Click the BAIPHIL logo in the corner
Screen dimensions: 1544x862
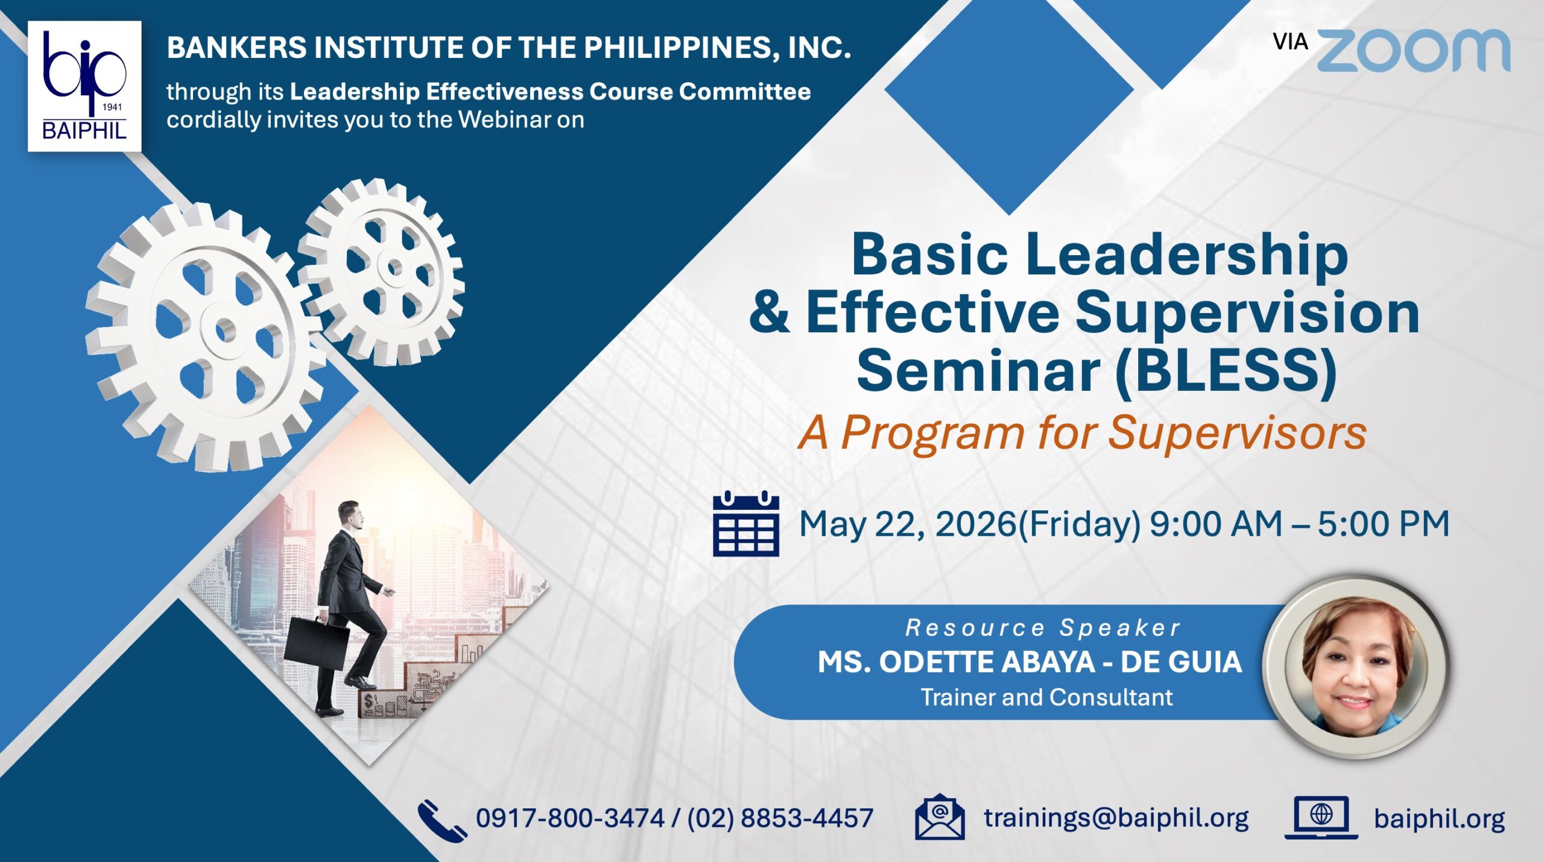click(84, 86)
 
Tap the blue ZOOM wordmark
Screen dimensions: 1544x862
click(1413, 50)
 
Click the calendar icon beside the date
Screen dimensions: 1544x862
click(746, 524)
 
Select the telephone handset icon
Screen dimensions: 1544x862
click(442, 820)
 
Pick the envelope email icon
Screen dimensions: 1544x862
click(940, 817)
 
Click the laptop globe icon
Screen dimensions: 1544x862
click(1321, 817)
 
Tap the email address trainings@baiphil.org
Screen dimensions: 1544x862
click(1116, 819)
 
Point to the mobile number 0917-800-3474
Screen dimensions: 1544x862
click(570, 819)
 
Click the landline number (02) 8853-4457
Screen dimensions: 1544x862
click(780, 819)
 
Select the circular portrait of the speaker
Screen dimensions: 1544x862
click(1356, 666)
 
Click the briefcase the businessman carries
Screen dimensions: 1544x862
click(316, 643)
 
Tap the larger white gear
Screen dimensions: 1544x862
click(205, 337)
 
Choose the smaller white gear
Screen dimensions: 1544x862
click(381, 271)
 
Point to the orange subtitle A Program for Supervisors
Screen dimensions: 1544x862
click(1082, 434)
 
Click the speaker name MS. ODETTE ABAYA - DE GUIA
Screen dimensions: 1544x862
click(1030, 662)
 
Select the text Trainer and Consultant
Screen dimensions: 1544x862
click(1046, 697)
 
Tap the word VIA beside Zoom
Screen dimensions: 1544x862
click(1290, 42)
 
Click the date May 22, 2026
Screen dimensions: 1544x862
click(907, 524)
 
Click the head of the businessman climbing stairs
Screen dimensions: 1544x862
click(350, 515)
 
